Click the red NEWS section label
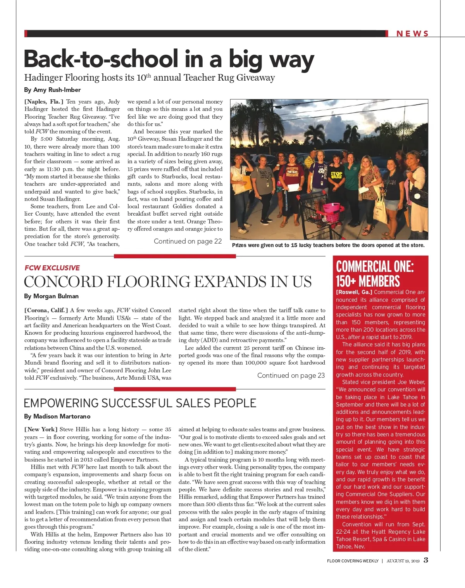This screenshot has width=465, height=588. [x=412, y=34]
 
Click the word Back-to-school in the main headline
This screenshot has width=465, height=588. [x=101, y=59]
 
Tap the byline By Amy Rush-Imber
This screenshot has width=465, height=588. [x=52, y=90]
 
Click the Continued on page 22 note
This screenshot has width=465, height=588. [x=188, y=241]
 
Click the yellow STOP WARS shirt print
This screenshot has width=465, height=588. [x=336, y=175]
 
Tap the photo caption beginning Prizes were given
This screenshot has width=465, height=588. [x=328, y=245]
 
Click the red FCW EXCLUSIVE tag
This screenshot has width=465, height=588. [x=52, y=268]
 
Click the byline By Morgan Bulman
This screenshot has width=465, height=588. [x=51, y=296]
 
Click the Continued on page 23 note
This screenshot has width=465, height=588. [x=291, y=375]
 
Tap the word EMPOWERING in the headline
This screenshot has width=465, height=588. [x=61, y=403]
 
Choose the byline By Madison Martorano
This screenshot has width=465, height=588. [x=57, y=417]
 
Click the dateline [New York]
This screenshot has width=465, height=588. [x=41, y=429]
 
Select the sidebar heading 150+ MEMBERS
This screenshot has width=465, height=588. [x=368, y=281]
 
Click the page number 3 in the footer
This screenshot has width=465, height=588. [x=426, y=560]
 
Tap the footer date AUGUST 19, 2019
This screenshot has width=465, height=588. [x=403, y=561]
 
